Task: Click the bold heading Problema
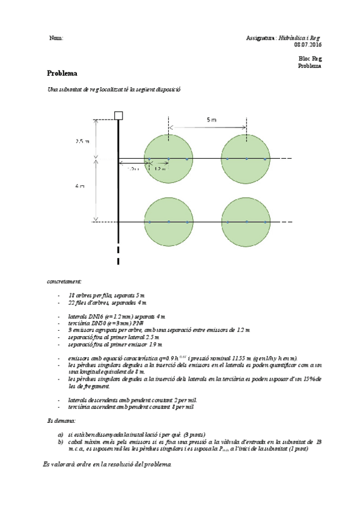point(62,73)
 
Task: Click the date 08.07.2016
point(308,45)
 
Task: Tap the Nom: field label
point(56,38)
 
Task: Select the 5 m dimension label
point(211,120)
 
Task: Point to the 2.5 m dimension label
point(82,142)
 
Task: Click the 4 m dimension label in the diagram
point(79,186)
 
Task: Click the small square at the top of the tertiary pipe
point(118,115)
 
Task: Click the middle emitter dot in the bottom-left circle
point(169,223)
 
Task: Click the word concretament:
point(64,281)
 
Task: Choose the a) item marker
point(61,434)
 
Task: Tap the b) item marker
point(61,441)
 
